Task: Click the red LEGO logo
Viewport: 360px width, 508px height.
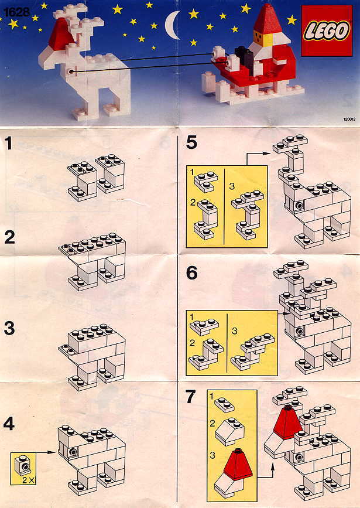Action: click(x=327, y=31)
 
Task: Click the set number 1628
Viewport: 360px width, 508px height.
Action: click(x=16, y=12)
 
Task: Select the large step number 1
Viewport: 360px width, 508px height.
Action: click(x=9, y=143)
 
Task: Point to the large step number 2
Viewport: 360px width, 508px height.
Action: click(x=10, y=237)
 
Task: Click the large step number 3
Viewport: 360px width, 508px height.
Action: click(x=9, y=328)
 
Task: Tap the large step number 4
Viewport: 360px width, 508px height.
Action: click(x=9, y=424)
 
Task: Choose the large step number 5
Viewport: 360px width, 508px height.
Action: click(x=191, y=142)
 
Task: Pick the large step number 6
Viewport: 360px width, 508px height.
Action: click(x=191, y=273)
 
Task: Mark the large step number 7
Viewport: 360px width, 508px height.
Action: click(x=191, y=397)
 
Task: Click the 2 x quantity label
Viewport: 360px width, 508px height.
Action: click(x=28, y=480)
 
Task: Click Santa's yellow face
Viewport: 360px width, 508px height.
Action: click(x=259, y=39)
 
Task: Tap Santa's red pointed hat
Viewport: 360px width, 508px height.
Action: click(x=267, y=20)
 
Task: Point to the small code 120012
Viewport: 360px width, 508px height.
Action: click(x=349, y=119)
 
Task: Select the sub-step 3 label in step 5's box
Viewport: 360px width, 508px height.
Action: click(x=231, y=186)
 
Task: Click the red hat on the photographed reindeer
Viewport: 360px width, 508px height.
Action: click(x=61, y=35)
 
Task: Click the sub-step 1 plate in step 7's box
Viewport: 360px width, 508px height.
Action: click(x=224, y=404)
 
